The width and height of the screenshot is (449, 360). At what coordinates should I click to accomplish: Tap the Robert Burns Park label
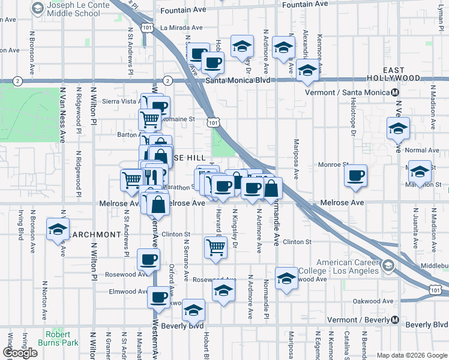pos(62,338)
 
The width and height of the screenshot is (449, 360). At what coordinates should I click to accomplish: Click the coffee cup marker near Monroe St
pos(356,176)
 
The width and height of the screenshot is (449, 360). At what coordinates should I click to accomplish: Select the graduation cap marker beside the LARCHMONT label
pos(58,230)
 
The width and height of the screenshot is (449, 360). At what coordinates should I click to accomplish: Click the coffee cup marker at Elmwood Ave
pos(158,296)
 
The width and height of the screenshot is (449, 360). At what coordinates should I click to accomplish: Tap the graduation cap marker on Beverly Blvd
pos(193,311)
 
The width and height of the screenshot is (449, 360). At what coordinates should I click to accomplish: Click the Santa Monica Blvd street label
pos(235,80)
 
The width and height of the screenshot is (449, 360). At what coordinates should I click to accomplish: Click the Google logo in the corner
pos(20,353)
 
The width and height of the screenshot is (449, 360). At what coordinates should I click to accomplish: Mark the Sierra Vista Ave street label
pos(121,101)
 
